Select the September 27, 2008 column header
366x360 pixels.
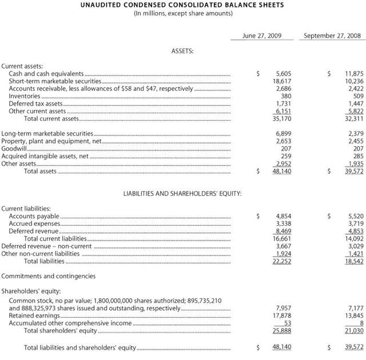332,35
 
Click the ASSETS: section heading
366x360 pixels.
182,51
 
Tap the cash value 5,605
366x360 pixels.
284,74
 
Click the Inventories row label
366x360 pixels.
25,96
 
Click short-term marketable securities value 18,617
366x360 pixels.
282,81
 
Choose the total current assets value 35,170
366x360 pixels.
282,119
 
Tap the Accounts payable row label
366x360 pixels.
34,216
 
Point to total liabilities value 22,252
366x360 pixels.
282,261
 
